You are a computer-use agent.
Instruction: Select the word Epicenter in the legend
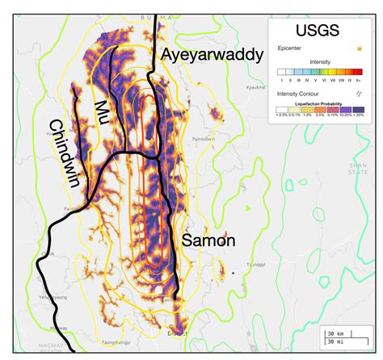pos(288,49)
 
